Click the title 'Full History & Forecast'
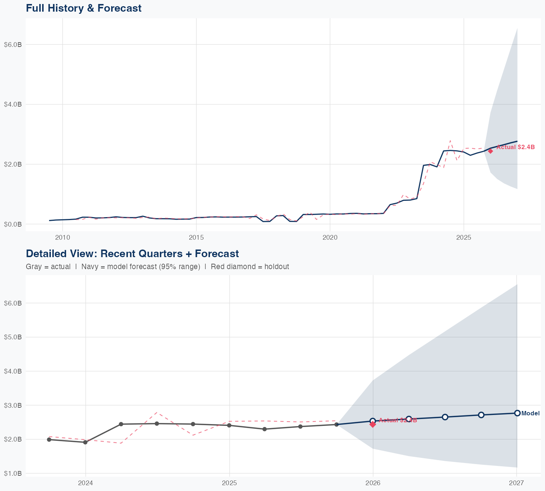(84, 8)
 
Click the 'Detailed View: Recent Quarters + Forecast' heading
(132, 254)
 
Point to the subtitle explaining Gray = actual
(157, 267)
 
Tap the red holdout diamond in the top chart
(490, 151)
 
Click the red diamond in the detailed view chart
(373, 424)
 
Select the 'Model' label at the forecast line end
(530, 413)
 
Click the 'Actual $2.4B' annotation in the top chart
(516, 147)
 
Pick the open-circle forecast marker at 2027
(517, 413)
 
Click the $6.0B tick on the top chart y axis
(13, 45)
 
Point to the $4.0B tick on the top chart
(13, 104)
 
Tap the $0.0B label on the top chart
(13, 224)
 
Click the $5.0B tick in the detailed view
(13, 337)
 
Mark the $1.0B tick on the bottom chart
(13, 474)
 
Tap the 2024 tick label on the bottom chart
(86, 483)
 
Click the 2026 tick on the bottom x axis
(373, 483)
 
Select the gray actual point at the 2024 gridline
(85, 442)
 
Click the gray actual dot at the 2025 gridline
(229, 426)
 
